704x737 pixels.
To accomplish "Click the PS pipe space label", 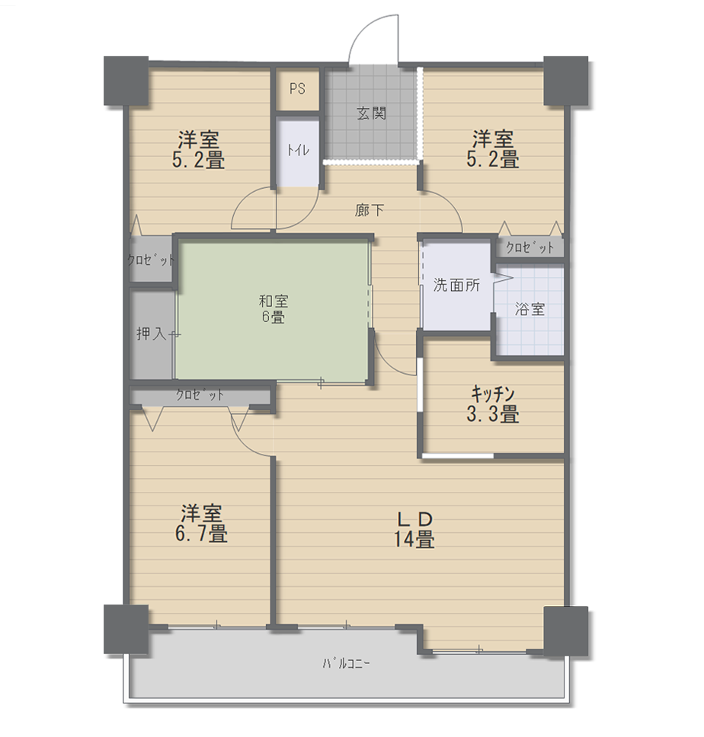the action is point(297,88).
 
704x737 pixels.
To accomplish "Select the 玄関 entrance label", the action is point(372,113).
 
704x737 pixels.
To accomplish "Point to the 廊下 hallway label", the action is point(370,209).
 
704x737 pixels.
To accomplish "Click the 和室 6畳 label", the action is point(274,309).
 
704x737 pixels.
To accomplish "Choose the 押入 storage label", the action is point(152,333).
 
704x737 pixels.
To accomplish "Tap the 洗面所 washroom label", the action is point(456,285).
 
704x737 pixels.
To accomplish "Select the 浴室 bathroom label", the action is point(530,309).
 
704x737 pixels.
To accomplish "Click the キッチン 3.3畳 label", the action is point(493,404).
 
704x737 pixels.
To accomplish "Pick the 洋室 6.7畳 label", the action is point(201,523).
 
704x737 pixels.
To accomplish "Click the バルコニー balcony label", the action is point(346,663).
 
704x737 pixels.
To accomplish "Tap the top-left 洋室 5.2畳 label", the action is point(198,149).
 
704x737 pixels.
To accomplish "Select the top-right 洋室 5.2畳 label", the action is point(493,148).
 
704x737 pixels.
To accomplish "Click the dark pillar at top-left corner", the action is point(126,81).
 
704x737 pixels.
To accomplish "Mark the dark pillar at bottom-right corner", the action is point(566,630).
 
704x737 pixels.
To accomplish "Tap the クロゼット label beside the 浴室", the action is point(530,247).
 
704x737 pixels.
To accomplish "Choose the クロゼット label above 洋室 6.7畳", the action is point(200,395).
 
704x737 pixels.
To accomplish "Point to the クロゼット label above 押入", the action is point(151,260).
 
